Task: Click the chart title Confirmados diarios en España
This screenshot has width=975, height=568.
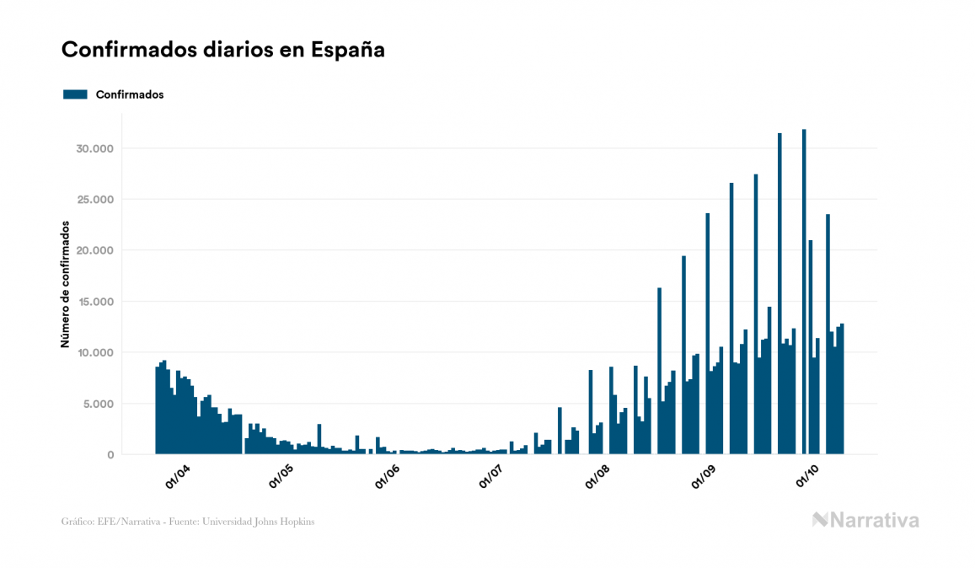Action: coord(223,50)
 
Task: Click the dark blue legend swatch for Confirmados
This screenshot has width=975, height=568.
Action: coord(75,94)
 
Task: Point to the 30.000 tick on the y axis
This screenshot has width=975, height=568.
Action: coord(94,149)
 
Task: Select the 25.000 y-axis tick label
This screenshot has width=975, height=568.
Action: coord(94,200)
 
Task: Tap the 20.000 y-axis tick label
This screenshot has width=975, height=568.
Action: coord(94,251)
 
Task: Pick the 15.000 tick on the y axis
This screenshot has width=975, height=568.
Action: coord(94,302)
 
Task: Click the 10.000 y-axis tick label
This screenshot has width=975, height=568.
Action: coord(94,353)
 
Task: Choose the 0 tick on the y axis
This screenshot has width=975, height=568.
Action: coord(110,455)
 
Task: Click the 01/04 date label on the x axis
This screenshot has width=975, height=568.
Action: coord(178,477)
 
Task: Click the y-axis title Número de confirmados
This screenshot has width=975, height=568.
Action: coord(65,284)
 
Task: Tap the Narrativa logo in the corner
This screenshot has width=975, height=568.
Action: coord(865,520)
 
